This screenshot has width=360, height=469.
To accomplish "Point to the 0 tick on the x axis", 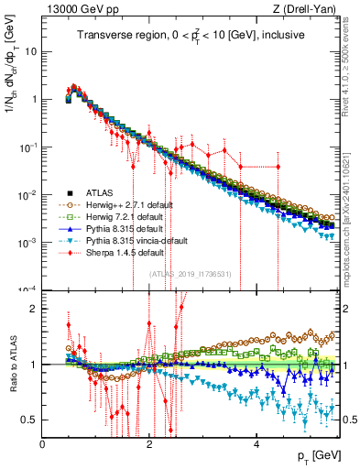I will coord(43,442).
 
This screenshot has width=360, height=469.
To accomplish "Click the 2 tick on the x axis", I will coord(150,442).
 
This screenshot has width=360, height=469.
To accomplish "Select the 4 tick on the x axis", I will coord(256,442).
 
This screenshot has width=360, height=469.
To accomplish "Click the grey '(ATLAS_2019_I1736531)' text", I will coord(190,273).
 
